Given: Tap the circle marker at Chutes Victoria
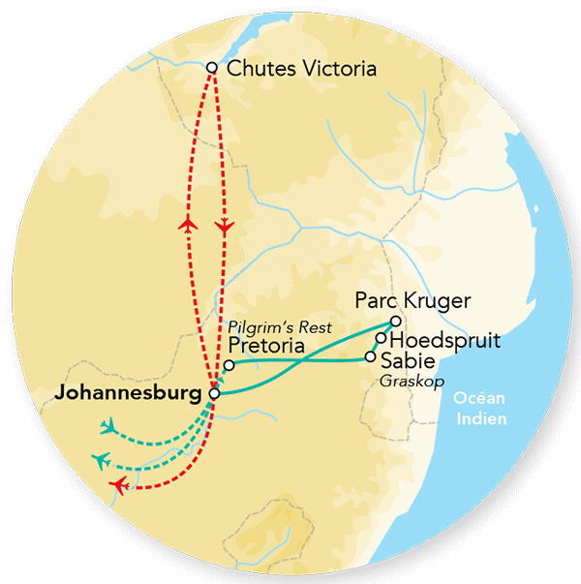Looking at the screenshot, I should pyautogui.click(x=213, y=68).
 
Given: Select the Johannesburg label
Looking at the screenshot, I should pyautogui.click(x=132, y=394).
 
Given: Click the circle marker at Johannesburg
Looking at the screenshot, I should pyautogui.click(x=215, y=394).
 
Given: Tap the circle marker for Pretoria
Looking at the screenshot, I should pyautogui.click(x=229, y=365).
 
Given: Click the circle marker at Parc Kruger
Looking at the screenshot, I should pyautogui.click(x=395, y=322).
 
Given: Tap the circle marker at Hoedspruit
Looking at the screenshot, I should pyautogui.click(x=382, y=339).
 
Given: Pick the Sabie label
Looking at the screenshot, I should pyautogui.click(x=408, y=359).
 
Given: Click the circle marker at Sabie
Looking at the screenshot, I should pyautogui.click(x=370, y=356).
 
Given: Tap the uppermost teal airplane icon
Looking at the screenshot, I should pyautogui.click(x=108, y=425).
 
